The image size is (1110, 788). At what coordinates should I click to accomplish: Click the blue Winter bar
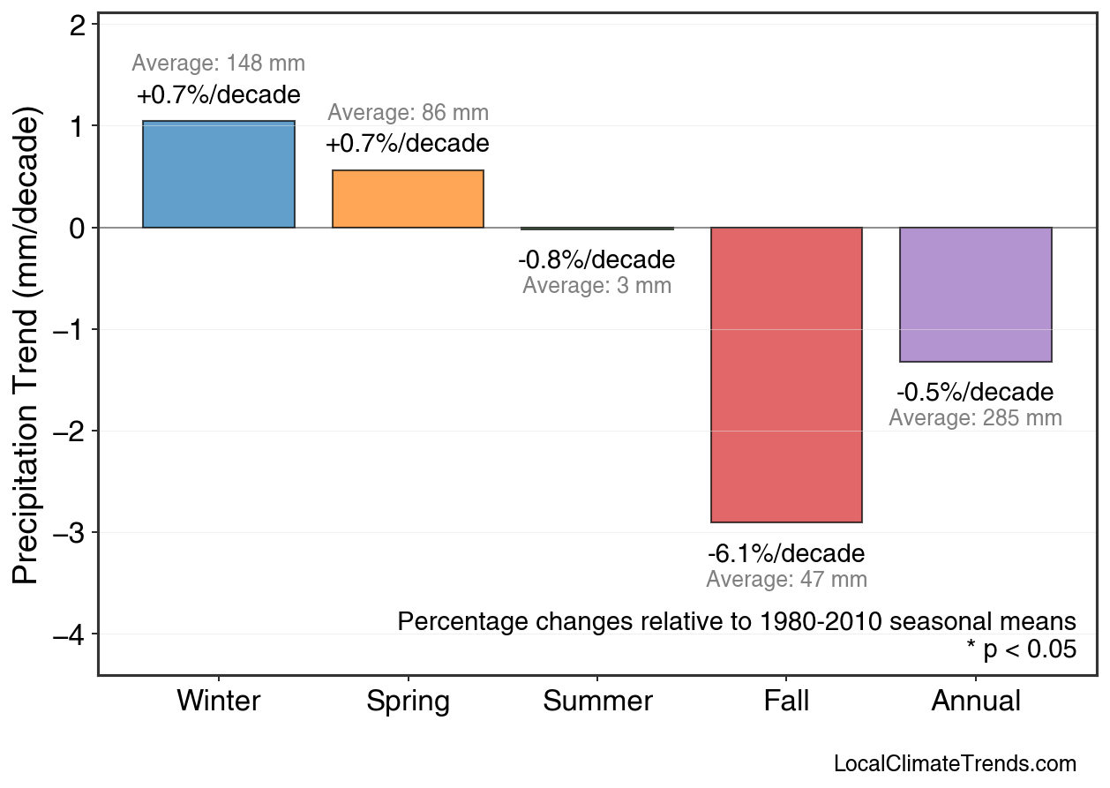tap(219, 175)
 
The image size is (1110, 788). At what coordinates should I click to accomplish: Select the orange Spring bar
tap(408, 199)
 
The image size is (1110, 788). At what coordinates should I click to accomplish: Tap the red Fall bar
tap(786, 375)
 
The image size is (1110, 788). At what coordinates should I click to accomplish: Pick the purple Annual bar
tap(976, 295)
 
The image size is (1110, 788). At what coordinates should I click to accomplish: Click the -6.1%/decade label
tap(786, 554)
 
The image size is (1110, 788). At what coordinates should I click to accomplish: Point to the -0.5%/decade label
tap(975, 392)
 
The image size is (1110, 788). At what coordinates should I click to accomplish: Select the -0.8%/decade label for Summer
tap(596, 260)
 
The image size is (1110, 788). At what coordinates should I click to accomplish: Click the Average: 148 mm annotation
tap(219, 64)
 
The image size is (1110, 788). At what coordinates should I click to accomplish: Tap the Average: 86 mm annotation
tap(408, 113)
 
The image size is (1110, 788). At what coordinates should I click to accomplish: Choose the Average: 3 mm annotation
tap(596, 286)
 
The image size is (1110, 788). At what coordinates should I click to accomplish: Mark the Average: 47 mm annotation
tap(786, 580)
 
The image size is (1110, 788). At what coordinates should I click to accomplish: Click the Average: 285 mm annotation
tap(975, 418)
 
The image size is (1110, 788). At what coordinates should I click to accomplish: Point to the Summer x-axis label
tap(597, 702)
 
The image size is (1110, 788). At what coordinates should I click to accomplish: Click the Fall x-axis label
tap(786, 702)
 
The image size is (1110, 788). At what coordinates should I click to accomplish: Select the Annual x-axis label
tap(976, 702)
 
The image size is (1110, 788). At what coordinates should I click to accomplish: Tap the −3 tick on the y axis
tap(70, 533)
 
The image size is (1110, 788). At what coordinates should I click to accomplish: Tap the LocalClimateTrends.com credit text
tap(955, 764)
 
